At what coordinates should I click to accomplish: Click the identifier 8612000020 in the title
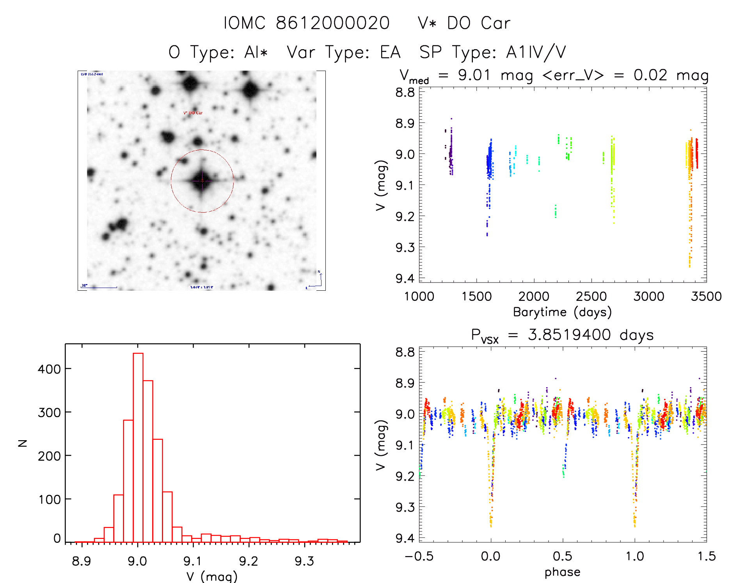coord(332,23)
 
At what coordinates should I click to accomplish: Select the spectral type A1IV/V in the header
coord(536,52)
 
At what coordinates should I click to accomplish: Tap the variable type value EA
coord(390,52)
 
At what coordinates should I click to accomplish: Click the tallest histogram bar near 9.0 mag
coord(138,445)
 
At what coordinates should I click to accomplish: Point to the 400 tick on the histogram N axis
coord(49,369)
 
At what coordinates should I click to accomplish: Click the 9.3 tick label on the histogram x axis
coord(304,561)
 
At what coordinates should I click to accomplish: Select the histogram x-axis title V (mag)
coord(212,576)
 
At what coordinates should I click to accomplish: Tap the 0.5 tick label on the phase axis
coord(562,556)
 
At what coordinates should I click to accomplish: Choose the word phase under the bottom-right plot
coord(562,572)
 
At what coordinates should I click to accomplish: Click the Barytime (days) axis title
coord(562,312)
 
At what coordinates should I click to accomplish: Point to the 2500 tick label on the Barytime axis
coord(591,296)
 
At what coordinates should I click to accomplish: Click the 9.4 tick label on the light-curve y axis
coord(405,278)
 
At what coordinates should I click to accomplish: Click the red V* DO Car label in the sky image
coord(193,113)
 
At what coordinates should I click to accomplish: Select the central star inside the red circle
coord(202,181)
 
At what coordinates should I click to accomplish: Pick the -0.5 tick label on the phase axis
coord(419,556)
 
